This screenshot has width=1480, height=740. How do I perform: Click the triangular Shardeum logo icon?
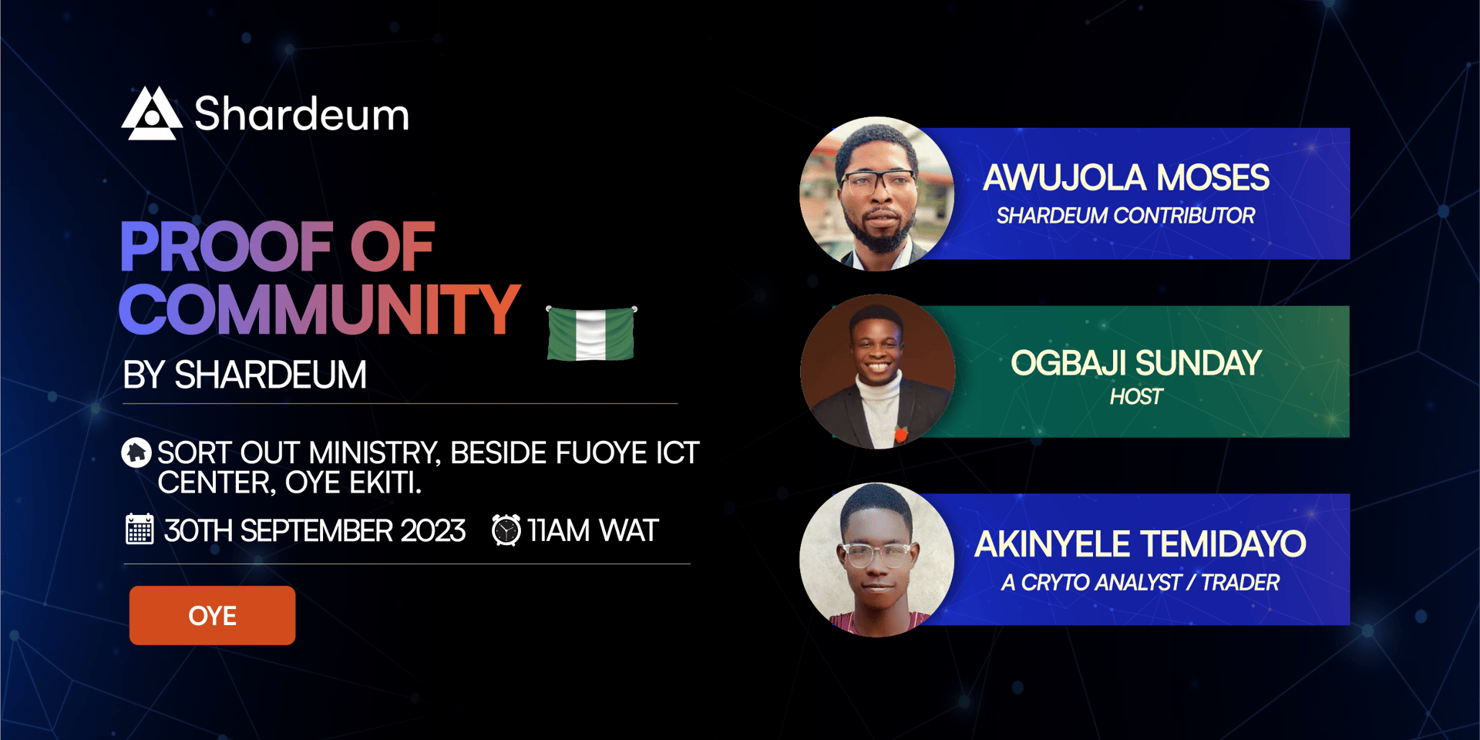(x=152, y=113)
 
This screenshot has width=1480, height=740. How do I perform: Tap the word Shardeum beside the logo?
(x=301, y=114)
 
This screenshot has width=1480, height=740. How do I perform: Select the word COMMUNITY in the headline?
(x=320, y=309)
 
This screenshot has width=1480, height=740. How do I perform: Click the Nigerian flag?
(x=591, y=333)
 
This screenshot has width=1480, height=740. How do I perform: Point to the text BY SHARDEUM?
(x=244, y=375)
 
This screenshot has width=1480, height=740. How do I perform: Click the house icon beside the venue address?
(x=136, y=452)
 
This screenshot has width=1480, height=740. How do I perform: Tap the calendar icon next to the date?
(x=140, y=530)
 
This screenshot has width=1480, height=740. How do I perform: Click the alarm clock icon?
(x=506, y=530)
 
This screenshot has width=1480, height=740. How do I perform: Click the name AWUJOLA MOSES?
(x=1126, y=178)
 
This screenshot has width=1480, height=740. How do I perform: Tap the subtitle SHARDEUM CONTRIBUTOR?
(x=1125, y=216)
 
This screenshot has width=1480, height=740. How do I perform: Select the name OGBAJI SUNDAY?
(x=1136, y=363)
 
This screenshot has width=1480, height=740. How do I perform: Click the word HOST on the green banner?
(x=1136, y=397)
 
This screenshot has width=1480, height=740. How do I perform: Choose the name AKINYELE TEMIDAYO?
(x=1140, y=544)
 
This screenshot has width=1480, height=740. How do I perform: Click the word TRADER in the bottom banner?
(x=1240, y=583)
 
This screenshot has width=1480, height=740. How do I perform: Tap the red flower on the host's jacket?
(x=900, y=434)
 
